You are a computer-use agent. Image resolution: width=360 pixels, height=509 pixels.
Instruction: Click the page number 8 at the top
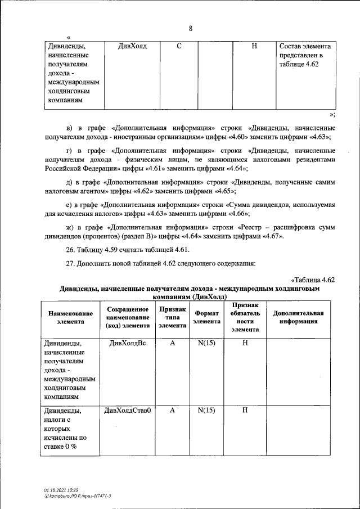point(191,29)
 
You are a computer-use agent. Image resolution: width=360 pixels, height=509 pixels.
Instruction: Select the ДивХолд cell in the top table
point(132,46)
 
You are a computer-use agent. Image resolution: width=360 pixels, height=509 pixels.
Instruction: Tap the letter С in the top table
point(178,46)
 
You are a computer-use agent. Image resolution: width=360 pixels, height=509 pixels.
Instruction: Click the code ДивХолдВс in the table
point(127,344)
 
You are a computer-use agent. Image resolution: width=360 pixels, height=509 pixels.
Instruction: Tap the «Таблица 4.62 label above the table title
point(313,280)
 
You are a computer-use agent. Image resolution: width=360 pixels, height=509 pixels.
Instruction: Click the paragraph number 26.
point(70,250)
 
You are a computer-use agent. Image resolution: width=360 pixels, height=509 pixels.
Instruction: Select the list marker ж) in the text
point(70,227)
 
